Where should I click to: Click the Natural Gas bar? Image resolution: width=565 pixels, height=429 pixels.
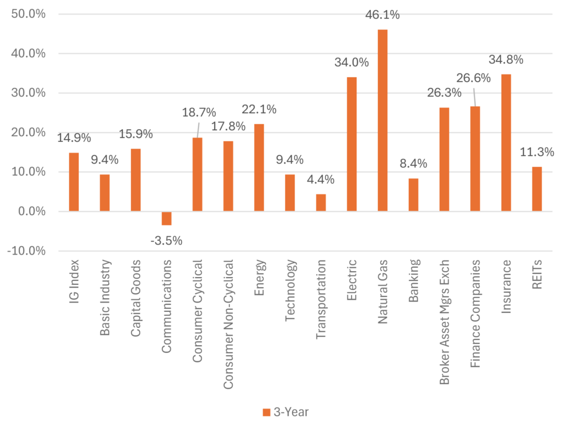point(382,120)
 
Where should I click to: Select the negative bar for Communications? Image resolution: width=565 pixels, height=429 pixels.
point(166,219)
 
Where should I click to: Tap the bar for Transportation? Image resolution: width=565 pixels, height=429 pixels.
point(321,203)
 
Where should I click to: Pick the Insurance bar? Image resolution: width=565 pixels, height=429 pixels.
point(506,142)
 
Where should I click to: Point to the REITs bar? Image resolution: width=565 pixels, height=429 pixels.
point(537,189)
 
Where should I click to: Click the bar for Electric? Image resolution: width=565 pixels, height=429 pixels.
point(351,144)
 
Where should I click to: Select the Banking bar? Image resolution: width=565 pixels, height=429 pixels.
point(413,195)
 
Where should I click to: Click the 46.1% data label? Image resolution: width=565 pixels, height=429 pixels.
point(382,15)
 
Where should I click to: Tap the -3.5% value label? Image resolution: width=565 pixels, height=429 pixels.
point(166,241)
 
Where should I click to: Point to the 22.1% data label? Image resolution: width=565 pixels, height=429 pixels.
point(259,109)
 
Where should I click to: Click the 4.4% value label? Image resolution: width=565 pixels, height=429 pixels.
point(321,179)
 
